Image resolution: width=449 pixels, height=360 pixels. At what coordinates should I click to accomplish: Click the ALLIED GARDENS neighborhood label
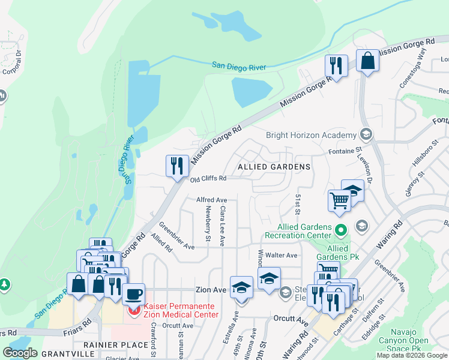tap(274, 166)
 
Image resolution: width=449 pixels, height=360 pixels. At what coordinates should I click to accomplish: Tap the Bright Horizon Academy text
tap(309, 135)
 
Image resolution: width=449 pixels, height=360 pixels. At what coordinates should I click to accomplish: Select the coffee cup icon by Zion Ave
tap(133, 294)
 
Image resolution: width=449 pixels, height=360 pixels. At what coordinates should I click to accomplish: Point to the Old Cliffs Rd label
tap(208, 179)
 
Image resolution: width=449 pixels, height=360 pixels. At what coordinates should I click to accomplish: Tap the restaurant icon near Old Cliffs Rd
tap(176, 165)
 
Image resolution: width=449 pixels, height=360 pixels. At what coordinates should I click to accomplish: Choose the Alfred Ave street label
tap(212, 200)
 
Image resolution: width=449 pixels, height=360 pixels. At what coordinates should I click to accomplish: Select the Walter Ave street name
tap(283, 255)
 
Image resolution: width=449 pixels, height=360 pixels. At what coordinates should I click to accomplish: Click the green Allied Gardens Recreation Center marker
tap(341, 229)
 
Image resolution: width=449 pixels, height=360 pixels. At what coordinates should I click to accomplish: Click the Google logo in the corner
tap(20, 353)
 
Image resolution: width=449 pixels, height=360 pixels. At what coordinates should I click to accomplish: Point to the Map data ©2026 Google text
tap(412, 355)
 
